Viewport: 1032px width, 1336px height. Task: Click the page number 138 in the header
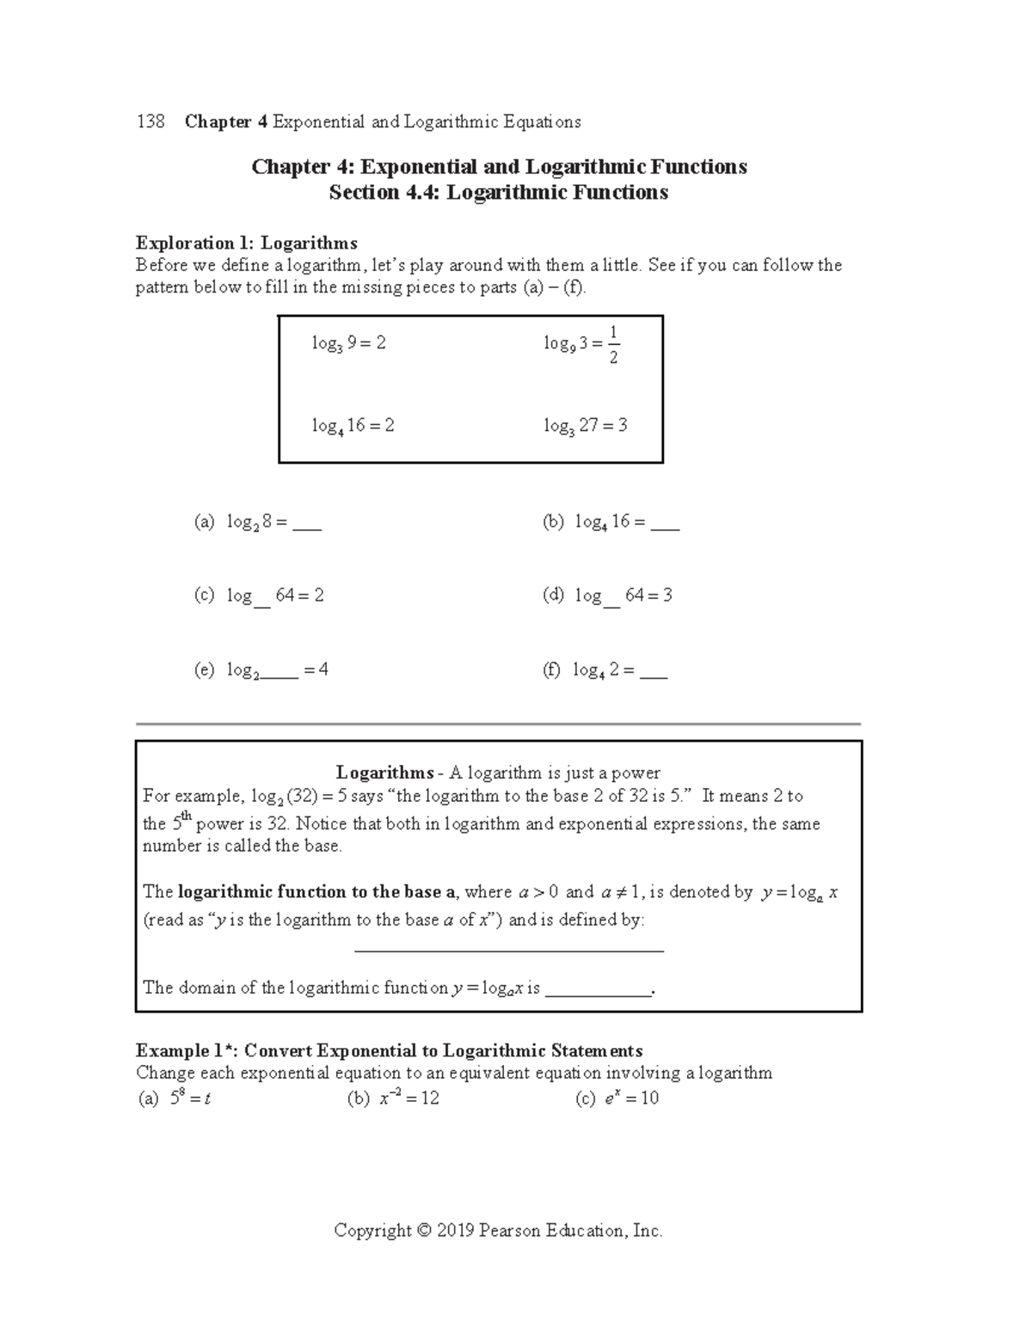tap(150, 122)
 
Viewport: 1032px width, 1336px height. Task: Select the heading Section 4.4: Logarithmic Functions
tap(498, 193)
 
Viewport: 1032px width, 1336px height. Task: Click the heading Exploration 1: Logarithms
tap(246, 243)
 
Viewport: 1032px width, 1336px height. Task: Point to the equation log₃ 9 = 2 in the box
tap(348, 343)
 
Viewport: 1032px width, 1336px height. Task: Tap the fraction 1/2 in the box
tap(612, 344)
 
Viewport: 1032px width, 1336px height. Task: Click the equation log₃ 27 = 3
tap(585, 426)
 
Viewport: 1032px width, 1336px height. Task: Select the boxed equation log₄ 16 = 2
tap(353, 426)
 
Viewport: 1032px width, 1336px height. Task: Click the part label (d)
tap(553, 595)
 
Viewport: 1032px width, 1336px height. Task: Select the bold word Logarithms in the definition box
tap(384, 773)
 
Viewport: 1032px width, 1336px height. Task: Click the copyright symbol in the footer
tap(423, 1231)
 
